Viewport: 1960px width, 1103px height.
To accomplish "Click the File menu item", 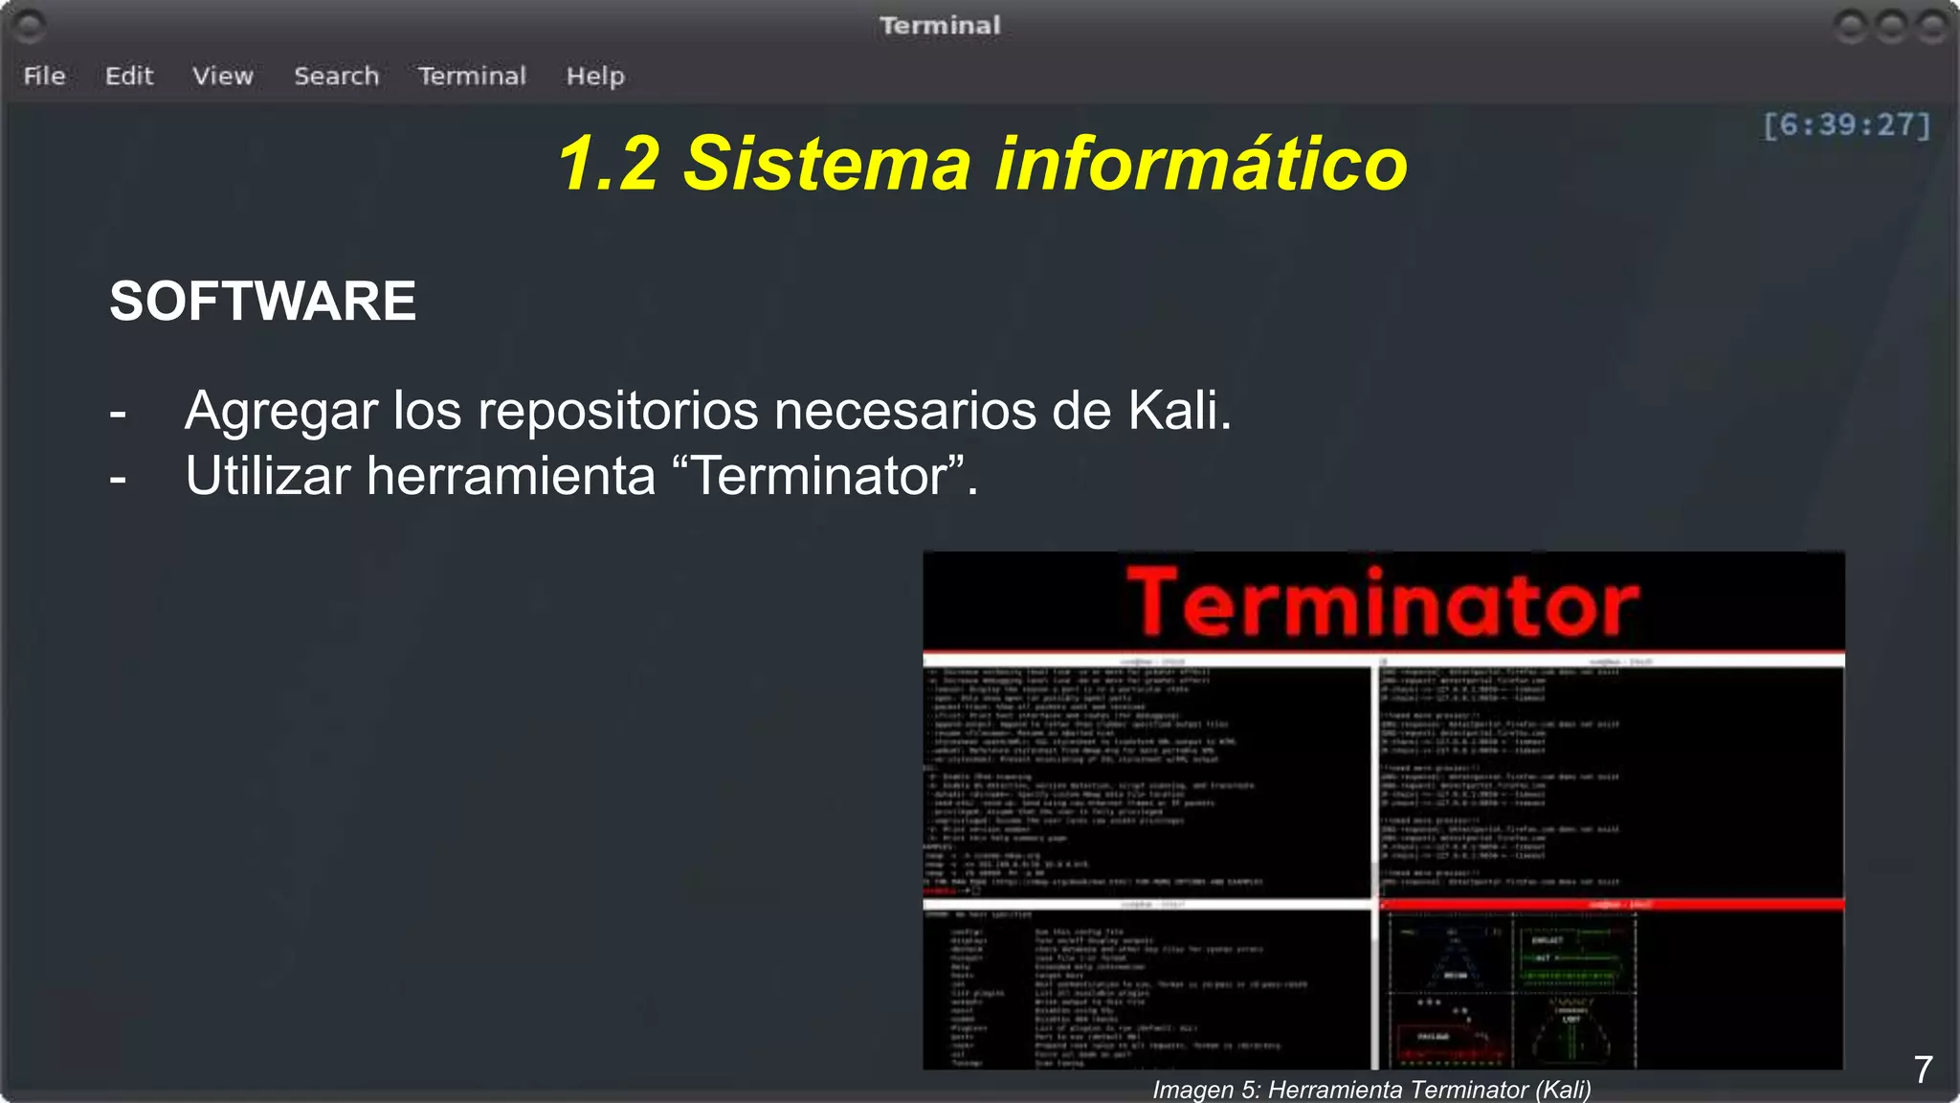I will (x=44, y=76).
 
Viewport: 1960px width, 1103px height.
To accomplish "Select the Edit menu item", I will (x=129, y=76).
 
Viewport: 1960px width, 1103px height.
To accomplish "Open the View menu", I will (x=223, y=76).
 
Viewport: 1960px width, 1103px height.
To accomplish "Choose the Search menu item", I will (x=336, y=76).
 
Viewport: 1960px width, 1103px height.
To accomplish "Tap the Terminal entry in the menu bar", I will (x=472, y=76).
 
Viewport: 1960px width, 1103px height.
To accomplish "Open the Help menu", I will (x=595, y=76).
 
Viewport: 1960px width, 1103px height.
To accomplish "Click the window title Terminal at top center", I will (x=940, y=25).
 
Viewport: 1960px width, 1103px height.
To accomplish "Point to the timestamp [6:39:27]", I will (x=1847, y=124).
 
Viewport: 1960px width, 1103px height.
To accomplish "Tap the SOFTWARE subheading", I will (x=262, y=301).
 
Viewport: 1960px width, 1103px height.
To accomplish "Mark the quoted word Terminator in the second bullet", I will (x=819, y=476).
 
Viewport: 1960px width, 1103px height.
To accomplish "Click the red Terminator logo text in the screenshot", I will (x=1383, y=603).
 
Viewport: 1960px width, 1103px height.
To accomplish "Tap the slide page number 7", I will (x=1923, y=1069).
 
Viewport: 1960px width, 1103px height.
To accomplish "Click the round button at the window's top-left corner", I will (x=30, y=26).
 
